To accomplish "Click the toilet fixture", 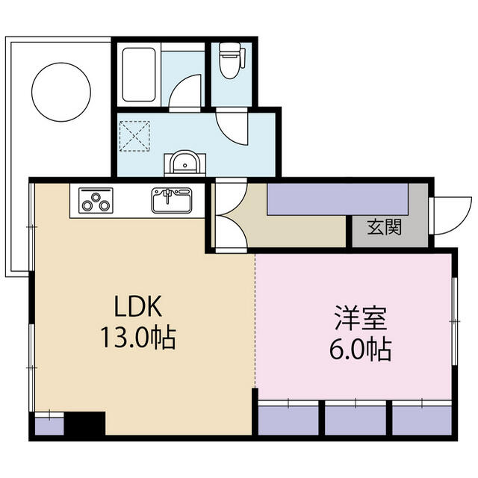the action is click(x=232, y=60).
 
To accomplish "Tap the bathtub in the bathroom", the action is click(x=139, y=75).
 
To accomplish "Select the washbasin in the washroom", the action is click(x=184, y=163).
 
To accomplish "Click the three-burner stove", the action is click(x=96, y=200).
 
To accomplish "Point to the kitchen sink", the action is click(x=172, y=200).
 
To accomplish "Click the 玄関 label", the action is click(x=384, y=227).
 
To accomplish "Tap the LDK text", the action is click(x=137, y=306).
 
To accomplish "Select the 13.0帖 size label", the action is click(x=138, y=337).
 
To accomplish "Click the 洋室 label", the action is click(x=361, y=318).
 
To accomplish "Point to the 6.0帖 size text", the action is click(x=361, y=350).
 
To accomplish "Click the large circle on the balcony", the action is click(x=61, y=93).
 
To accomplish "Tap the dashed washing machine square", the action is click(x=134, y=136).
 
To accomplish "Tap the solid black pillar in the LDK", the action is click(x=84, y=423).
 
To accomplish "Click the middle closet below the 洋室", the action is click(x=356, y=420).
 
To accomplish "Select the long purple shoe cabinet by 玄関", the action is click(x=338, y=199).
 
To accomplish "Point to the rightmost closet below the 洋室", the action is click(x=422, y=420).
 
